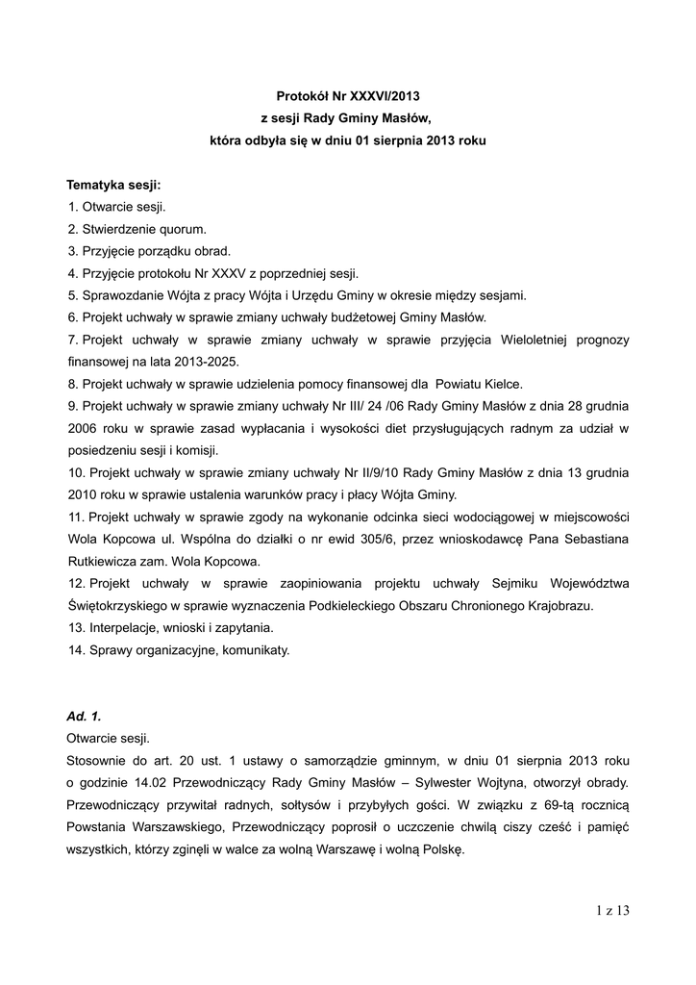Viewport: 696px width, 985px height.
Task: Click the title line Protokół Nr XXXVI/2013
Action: tap(348, 96)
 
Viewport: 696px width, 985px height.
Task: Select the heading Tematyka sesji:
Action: tap(113, 185)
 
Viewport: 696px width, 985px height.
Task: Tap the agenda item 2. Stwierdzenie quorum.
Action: tap(137, 229)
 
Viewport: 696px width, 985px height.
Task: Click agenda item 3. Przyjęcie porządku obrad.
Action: tap(149, 251)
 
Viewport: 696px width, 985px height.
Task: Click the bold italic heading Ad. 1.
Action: tap(84, 717)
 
